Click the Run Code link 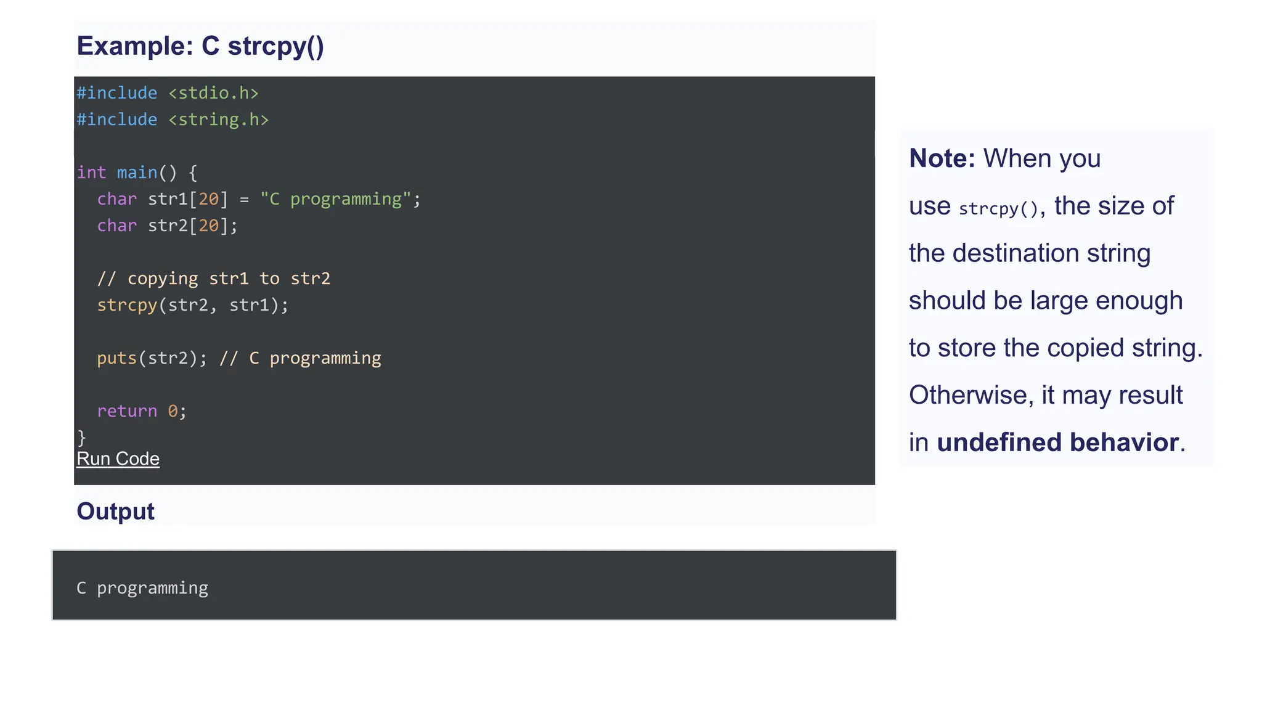(x=118, y=459)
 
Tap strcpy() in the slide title (x=275, y=47)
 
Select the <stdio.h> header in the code (x=213, y=93)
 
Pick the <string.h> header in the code (x=218, y=120)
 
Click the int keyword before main (x=91, y=173)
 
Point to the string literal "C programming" (x=335, y=199)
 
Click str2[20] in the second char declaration (x=188, y=226)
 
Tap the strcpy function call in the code (x=127, y=305)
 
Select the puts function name (x=116, y=358)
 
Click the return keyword (x=127, y=411)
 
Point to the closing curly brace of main (x=81, y=437)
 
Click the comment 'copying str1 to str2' (x=229, y=279)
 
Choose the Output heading (x=115, y=512)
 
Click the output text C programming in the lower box (x=142, y=588)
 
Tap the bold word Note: (x=942, y=158)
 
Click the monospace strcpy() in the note (x=999, y=209)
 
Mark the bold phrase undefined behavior (x=1057, y=443)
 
